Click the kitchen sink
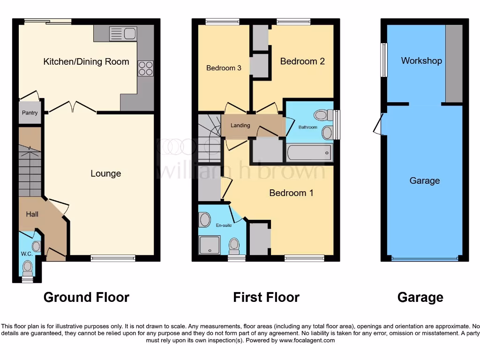122,34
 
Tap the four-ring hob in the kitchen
145,68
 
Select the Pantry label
30,113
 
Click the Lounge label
105,173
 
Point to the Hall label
32,214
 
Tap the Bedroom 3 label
224,68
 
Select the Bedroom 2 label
302,61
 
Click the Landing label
240,125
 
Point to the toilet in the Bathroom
323,114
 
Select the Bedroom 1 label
291,193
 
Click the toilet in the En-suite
234,245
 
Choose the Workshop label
421,60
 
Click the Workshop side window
384,60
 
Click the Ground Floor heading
86,297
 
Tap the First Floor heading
266,297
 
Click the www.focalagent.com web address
307,340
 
